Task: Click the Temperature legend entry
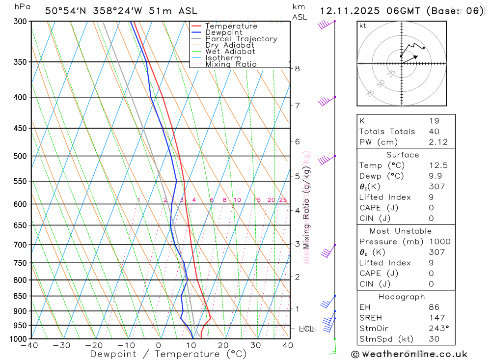pos(231,26)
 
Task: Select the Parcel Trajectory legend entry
pos(241,39)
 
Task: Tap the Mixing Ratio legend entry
pos(231,64)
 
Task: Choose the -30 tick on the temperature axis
pos(62,345)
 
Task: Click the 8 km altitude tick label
pos(297,68)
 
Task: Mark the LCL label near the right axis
pos(306,328)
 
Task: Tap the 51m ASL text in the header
pos(176,11)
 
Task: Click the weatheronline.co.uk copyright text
pos(409,354)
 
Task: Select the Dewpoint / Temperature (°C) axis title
pos(168,354)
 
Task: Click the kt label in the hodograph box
pos(363,26)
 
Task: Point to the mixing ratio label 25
pos(283,200)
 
